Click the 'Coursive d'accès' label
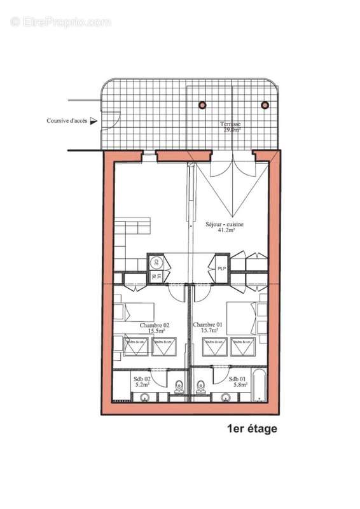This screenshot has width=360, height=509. [x=67, y=120]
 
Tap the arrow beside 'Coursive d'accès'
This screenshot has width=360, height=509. [x=93, y=120]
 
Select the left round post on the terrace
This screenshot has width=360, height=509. [x=202, y=105]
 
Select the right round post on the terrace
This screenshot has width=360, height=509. [x=265, y=105]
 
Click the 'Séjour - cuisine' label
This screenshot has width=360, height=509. [x=225, y=225]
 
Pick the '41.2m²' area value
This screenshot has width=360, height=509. [x=225, y=232]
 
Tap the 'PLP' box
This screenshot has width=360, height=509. [x=221, y=269]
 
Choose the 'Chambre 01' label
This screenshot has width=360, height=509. [x=208, y=325]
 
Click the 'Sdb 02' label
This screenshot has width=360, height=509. [x=142, y=378]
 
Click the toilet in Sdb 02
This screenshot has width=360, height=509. [x=179, y=386]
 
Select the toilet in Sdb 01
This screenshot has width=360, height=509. [x=200, y=386]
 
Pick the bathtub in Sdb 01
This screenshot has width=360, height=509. [x=259, y=386]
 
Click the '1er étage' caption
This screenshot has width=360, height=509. [x=252, y=429]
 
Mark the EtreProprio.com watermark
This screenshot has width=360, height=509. [x=61, y=22]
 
